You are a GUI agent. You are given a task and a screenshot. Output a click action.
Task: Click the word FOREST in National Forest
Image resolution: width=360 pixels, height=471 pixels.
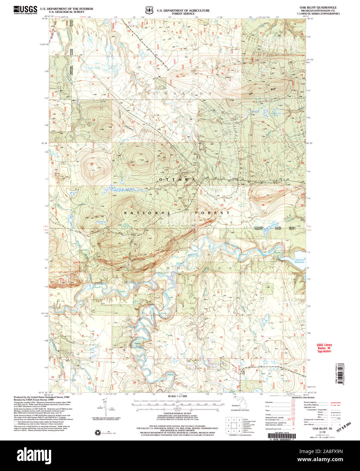click(x=212, y=213)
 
